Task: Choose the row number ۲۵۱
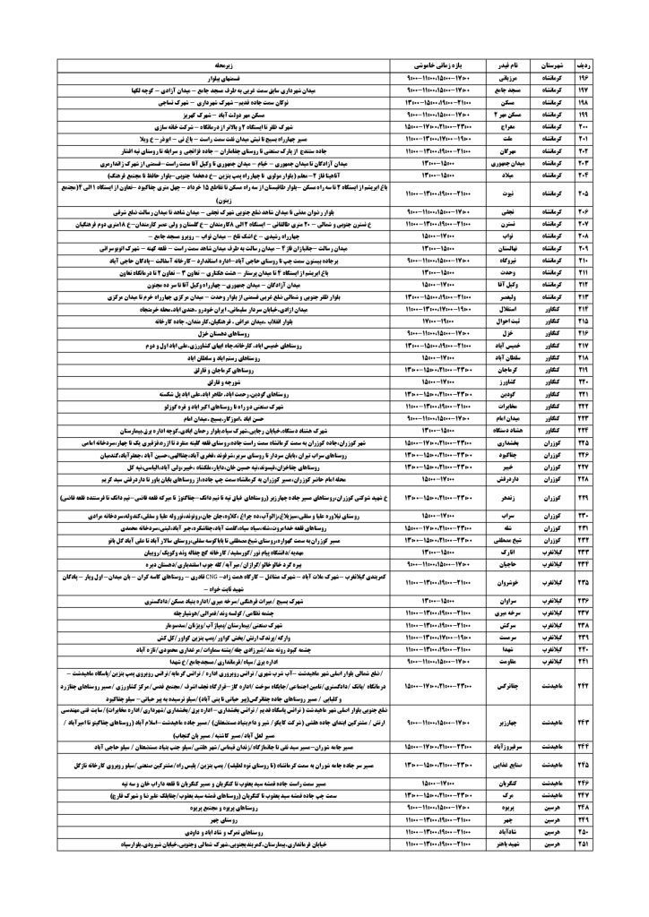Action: (x=613, y=844)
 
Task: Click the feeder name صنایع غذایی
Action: (x=509, y=765)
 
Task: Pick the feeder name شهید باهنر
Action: (x=509, y=844)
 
